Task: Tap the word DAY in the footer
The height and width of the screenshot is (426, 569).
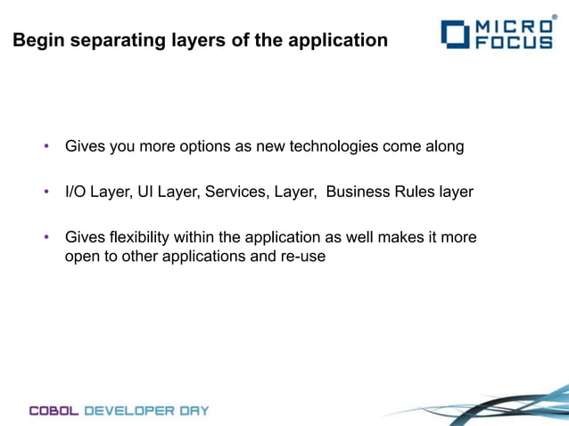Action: point(194,411)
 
